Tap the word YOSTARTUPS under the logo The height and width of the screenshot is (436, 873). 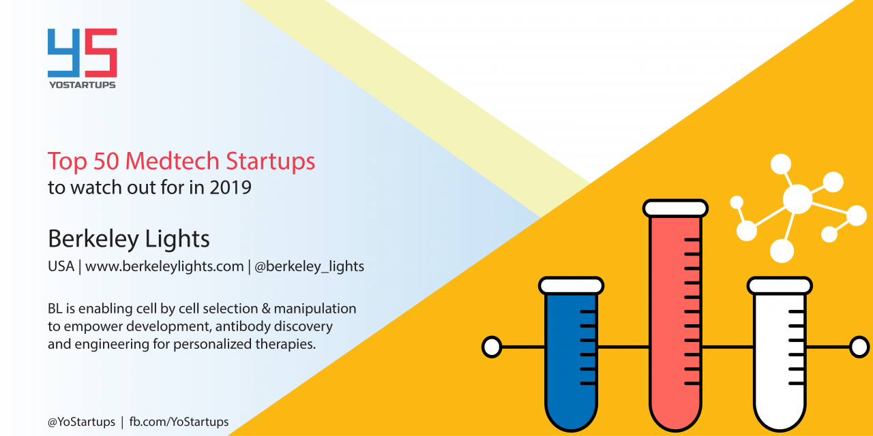(83, 85)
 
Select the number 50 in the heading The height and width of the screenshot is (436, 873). (106, 161)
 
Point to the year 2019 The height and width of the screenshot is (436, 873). (231, 187)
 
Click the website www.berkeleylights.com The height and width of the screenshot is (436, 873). (164, 266)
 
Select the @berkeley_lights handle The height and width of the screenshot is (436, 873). (310, 266)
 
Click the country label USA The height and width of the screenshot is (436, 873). (61, 266)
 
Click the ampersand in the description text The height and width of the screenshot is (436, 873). (266, 309)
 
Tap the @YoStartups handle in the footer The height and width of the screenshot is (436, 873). (81, 422)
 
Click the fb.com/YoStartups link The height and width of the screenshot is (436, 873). (179, 422)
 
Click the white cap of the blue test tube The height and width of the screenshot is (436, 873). (572, 285)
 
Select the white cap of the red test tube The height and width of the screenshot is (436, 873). (675, 208)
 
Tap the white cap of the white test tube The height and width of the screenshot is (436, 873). (780, 285)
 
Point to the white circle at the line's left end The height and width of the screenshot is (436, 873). (492, 347)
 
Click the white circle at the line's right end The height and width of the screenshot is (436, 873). (859, 347)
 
